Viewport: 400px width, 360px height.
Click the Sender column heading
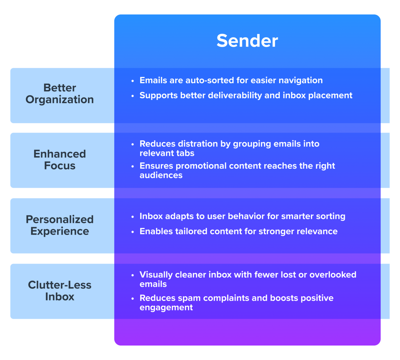(247, 41)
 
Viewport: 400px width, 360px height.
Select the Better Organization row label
(60, 94)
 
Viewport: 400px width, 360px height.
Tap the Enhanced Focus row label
(60, 160)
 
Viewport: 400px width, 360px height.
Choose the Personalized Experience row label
(60, 225)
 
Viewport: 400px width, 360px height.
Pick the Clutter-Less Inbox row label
(60, 291)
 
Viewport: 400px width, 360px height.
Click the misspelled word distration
(199, 144)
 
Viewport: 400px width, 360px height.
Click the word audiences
(161, 175)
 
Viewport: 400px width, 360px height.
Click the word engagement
(166, 308)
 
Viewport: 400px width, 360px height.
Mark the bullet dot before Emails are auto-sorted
(133, 81)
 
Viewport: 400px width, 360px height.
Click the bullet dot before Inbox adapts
(133, 217)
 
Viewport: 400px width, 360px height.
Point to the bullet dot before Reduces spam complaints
(133, 299)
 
